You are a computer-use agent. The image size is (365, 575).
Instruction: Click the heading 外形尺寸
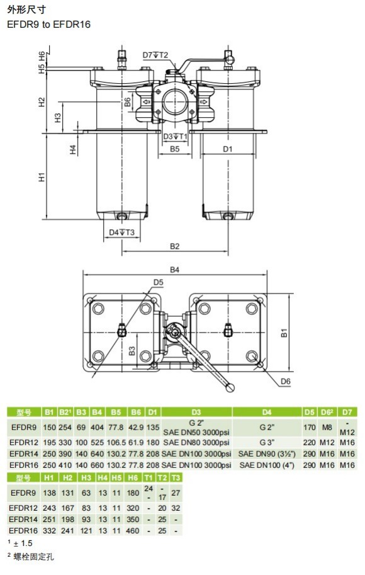[x=26, y=9]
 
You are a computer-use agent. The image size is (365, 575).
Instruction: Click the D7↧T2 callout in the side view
[x=155, y=55]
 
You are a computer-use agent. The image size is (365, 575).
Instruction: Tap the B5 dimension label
[x=175, y=149]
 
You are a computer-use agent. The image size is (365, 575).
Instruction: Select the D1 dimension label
[x=228, y=149]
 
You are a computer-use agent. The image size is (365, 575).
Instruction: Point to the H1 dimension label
[x=42, y=177]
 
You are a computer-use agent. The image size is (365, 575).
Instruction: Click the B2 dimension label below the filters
[x=175, y=246]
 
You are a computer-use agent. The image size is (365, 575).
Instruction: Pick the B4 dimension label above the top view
[x=175, y=270]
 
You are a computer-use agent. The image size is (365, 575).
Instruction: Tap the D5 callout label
[x=159, y=282]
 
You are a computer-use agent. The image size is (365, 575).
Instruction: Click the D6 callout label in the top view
[x=286, y=382]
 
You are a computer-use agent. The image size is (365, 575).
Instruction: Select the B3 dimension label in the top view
[x=132, y=351]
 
